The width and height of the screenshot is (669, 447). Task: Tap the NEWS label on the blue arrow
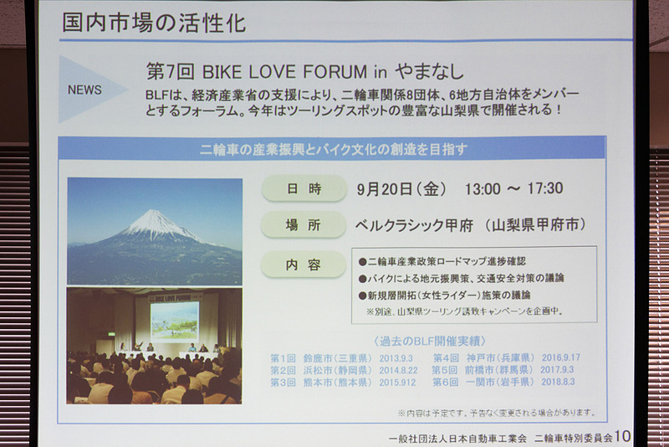click(84, 90)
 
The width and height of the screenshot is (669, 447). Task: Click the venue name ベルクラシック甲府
click(414, 224)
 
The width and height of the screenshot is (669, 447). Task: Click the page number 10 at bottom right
click(622, 436)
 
